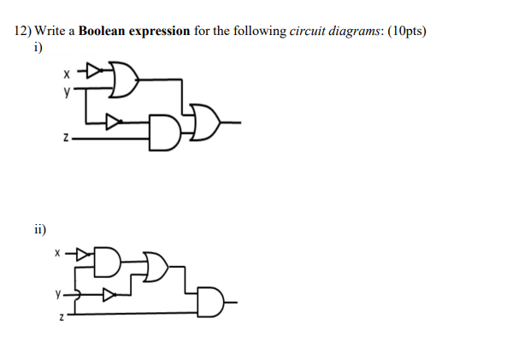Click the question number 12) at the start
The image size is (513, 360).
[23, 32]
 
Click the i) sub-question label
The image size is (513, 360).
[36, 46]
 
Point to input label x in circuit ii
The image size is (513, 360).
[57, 253]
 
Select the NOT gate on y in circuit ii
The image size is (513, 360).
[109, 295]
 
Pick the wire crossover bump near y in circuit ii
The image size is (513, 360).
[77, 295]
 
